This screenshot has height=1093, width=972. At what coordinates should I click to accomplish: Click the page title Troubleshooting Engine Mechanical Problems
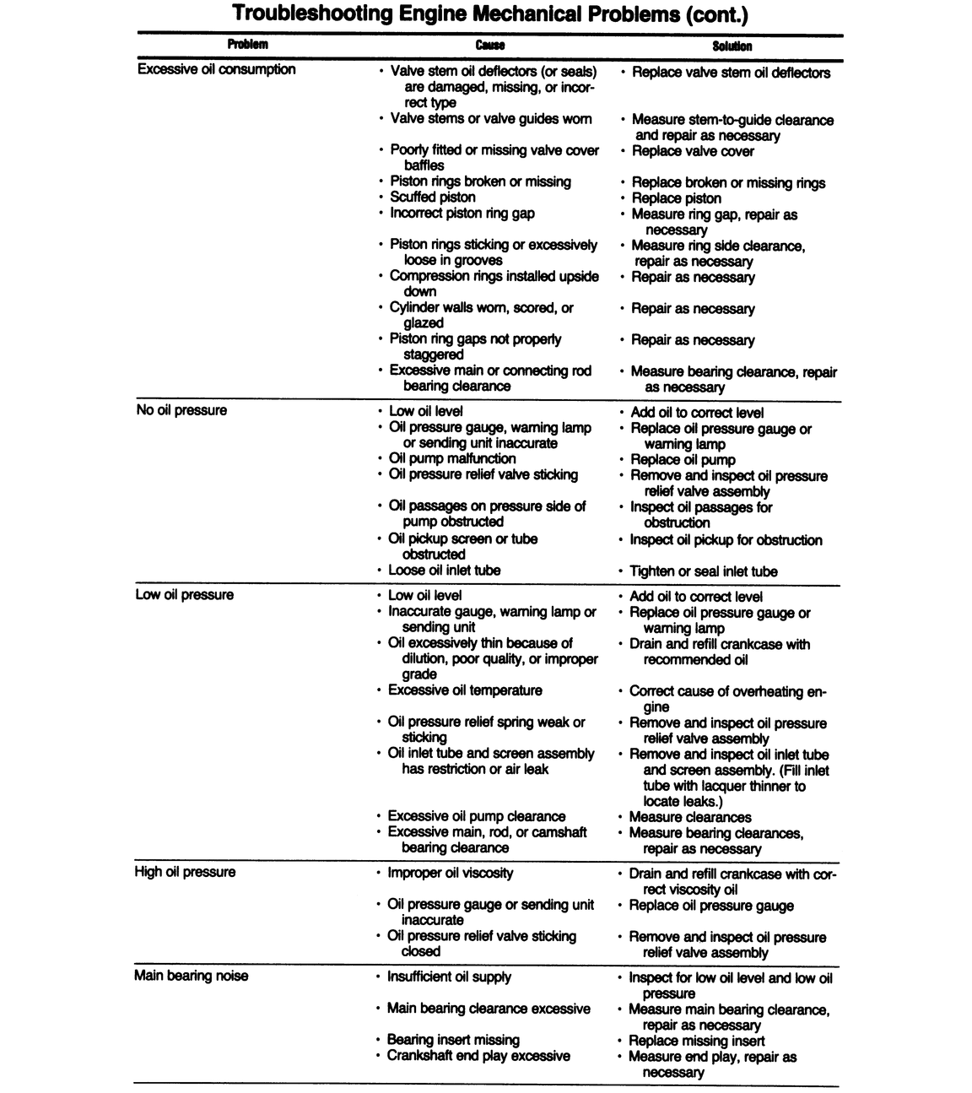tap(489, 14)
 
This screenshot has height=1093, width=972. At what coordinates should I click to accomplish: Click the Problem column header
tap(247, 45)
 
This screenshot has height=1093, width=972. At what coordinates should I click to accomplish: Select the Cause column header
tap(490, 46)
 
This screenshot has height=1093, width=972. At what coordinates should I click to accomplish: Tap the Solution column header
tap(732, 46)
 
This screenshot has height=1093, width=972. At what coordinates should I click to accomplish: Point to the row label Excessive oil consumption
tap(216, 69)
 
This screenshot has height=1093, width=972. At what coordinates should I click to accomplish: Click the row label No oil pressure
tap(181, 410)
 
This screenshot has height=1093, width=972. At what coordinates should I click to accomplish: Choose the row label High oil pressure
tap(185, 872)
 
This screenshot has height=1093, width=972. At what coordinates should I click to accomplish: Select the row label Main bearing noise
tap(191, 976)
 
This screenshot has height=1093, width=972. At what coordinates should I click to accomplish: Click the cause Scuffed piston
tap(433, 197)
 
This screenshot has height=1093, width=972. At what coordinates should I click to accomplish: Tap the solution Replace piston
tap(677, 198)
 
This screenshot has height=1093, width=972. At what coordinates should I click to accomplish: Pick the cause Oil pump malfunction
tap(451, 458)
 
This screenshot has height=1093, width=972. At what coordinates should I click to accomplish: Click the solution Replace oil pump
tap(683, 460)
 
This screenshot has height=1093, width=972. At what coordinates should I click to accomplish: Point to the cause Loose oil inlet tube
tap(444, 571)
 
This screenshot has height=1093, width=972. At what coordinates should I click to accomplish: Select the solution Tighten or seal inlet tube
tap(704, 571)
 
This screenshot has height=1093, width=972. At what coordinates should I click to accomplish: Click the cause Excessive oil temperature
tap(464, 690)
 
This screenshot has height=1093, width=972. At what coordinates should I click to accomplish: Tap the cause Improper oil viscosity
tap(450, 873)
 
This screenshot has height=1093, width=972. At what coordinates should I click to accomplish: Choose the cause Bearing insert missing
tap(453, 1040)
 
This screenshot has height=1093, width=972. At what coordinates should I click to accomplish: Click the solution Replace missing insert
tap(697, 1041)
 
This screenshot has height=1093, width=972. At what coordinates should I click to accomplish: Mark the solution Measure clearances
tap(690, 817)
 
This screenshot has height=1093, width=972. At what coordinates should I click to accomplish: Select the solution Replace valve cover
tap(693, 151)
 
